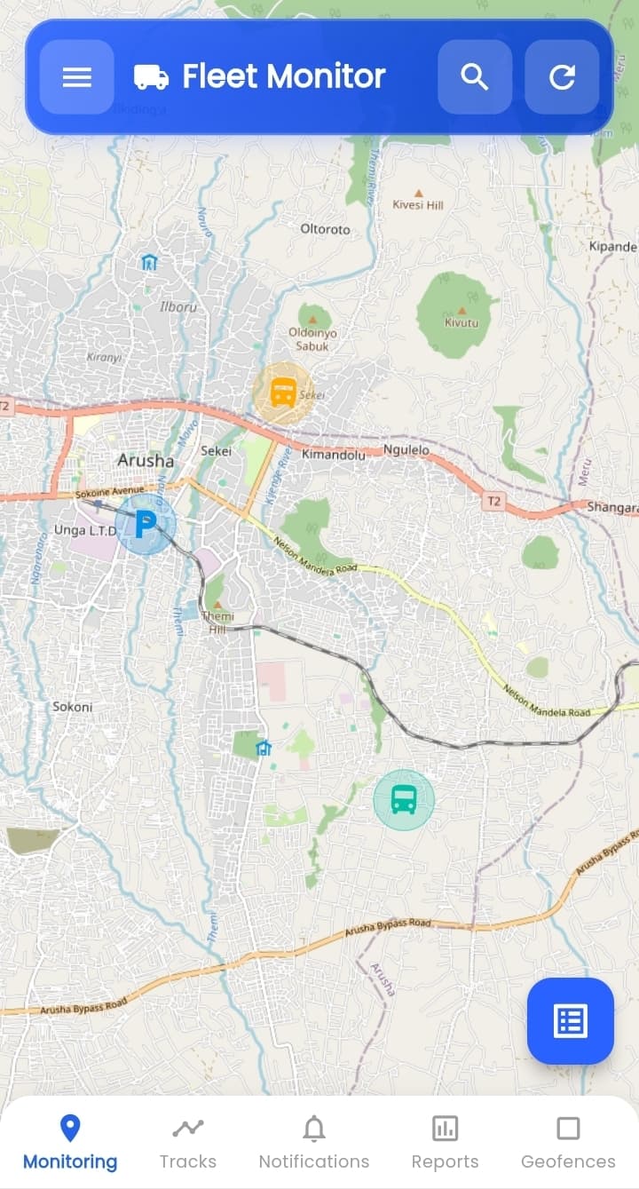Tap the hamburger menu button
[x=77, y=77]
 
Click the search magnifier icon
[x=475, y=77]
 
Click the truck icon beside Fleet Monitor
[x=152, y=77]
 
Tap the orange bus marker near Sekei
[x=283, y=392]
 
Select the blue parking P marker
[x=145, y=525]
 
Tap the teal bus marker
[x=404, y=799]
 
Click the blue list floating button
[x=570, y=1021]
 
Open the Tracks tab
[x=188, y=1144]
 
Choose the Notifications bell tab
[x=314, y=1144]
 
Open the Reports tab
[x=445, y=1144]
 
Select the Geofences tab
[x=568, y=1144]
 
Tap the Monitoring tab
[x=70, y=1144]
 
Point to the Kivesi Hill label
[x=418, y=205]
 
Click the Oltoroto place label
[x=326, y=229]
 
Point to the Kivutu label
[x=461, y=323]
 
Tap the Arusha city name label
[x=146, y=461]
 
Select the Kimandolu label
[x=334, y=454]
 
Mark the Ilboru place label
[x=177, y=307]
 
